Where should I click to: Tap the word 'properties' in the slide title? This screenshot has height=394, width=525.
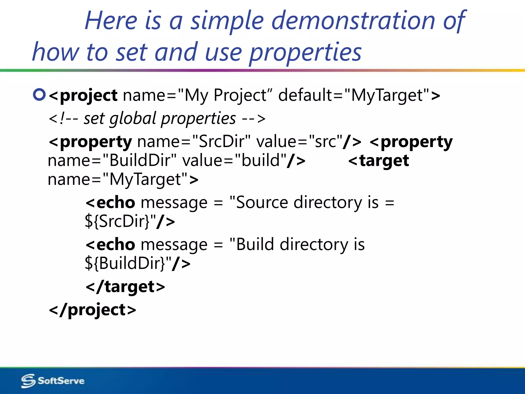(305, 53)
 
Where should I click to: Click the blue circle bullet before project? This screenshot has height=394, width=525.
(39, 95)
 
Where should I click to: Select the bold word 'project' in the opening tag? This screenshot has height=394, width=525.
(88, 95)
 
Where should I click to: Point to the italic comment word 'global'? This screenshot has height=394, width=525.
(133, 119)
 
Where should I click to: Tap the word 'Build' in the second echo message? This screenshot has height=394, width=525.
(255, 244)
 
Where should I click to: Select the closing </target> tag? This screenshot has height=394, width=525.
(125, 287)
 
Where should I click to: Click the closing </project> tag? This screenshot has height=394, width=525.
(92, 310)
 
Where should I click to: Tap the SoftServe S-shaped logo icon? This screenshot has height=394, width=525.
(28, 381)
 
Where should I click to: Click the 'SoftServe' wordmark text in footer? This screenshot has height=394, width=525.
(61, 381)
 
